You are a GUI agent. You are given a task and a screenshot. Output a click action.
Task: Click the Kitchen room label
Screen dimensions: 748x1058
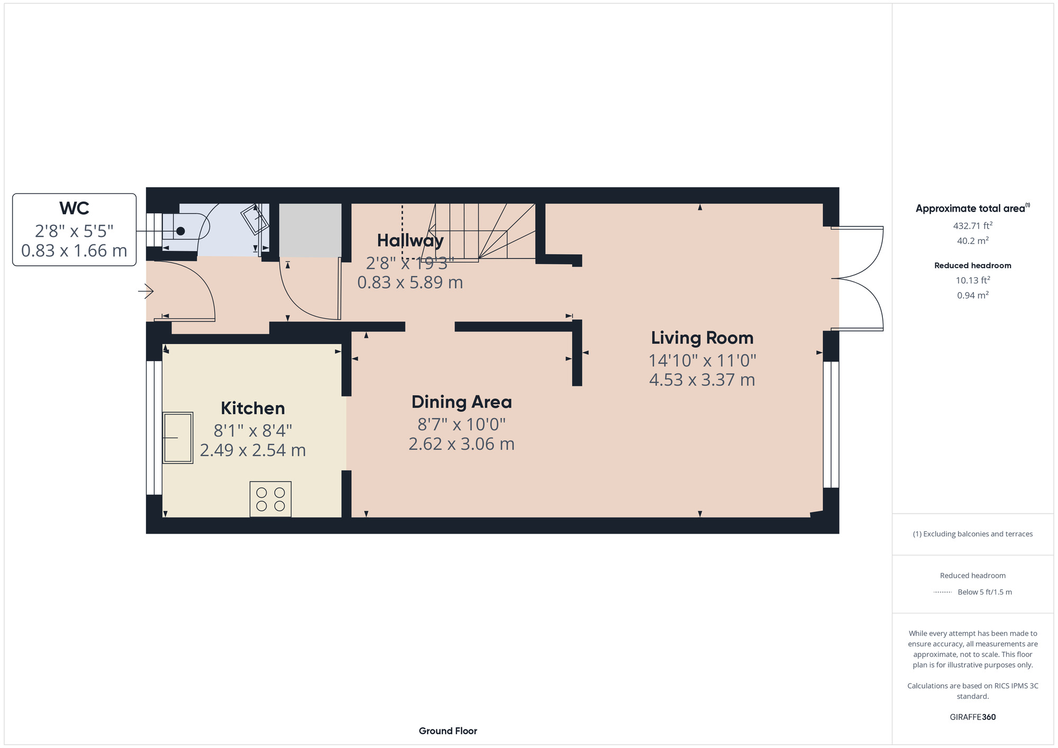point(252,408)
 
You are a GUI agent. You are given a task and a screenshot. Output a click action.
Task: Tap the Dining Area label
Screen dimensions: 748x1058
point(461,402)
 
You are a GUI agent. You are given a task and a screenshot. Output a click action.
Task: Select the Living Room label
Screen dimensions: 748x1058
point(702,338)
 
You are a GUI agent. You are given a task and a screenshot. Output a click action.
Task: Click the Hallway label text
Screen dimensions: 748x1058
point(410,241)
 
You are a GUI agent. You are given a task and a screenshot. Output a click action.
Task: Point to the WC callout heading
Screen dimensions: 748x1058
point(74,208)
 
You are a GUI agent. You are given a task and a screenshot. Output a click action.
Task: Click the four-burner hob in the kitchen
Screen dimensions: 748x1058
point(270,499)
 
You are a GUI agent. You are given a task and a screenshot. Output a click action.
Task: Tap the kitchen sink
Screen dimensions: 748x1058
point(177,438)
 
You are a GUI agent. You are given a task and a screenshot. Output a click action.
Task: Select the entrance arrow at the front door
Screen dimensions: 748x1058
point(146,291)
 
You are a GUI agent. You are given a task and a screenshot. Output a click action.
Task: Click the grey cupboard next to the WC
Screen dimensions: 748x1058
point(310,231)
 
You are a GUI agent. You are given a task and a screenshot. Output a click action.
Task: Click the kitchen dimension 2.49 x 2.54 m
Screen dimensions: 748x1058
point(252,451)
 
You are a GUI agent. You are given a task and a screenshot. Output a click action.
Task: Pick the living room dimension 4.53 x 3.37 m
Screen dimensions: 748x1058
point(702,380)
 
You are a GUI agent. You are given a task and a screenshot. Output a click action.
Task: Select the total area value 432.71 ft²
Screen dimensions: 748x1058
point(972,226)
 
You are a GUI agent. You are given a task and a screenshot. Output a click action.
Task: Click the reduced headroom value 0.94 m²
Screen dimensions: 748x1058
point(972,295)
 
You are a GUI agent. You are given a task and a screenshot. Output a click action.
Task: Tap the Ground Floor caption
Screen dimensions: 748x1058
point(448,731)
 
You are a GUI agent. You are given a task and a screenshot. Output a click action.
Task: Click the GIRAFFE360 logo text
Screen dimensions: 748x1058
point(972,717)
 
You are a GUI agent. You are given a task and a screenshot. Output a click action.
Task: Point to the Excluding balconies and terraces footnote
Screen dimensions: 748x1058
point(972,534)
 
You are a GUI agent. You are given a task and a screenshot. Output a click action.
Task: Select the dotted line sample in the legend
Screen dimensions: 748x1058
point(943,592)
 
